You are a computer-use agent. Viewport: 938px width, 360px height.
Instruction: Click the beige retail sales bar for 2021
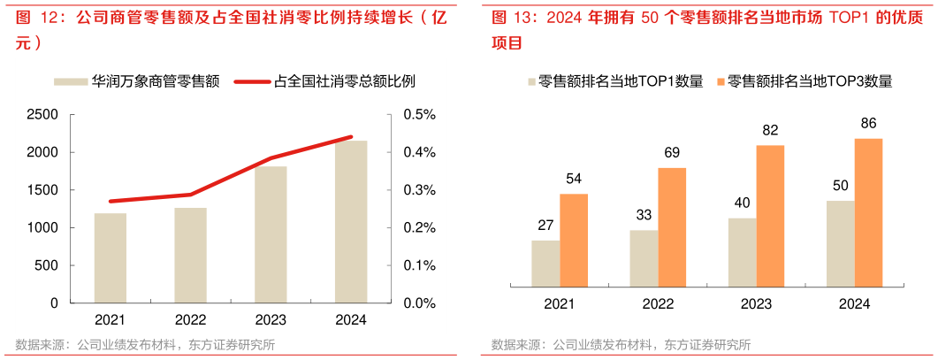point(110,257)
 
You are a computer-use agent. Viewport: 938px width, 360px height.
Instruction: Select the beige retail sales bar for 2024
point(351,221)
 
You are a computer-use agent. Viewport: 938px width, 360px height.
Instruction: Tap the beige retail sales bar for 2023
point(271,234)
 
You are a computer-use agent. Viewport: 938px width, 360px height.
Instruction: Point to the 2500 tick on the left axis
point(42,115)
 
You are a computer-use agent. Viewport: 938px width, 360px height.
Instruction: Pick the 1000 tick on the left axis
point(42,228)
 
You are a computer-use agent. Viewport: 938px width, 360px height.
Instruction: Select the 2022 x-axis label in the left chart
point(190,320)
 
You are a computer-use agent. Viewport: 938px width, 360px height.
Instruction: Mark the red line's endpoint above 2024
point(351,137)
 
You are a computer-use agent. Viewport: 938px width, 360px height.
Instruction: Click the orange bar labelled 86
point(868,212)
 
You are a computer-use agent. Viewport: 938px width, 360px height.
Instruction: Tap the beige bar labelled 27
point(545,263)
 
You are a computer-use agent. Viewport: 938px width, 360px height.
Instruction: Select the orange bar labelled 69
point(672,226)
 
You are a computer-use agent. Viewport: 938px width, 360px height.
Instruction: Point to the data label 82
point(770,131)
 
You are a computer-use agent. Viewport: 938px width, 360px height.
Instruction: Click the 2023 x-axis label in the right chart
point(756,303)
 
